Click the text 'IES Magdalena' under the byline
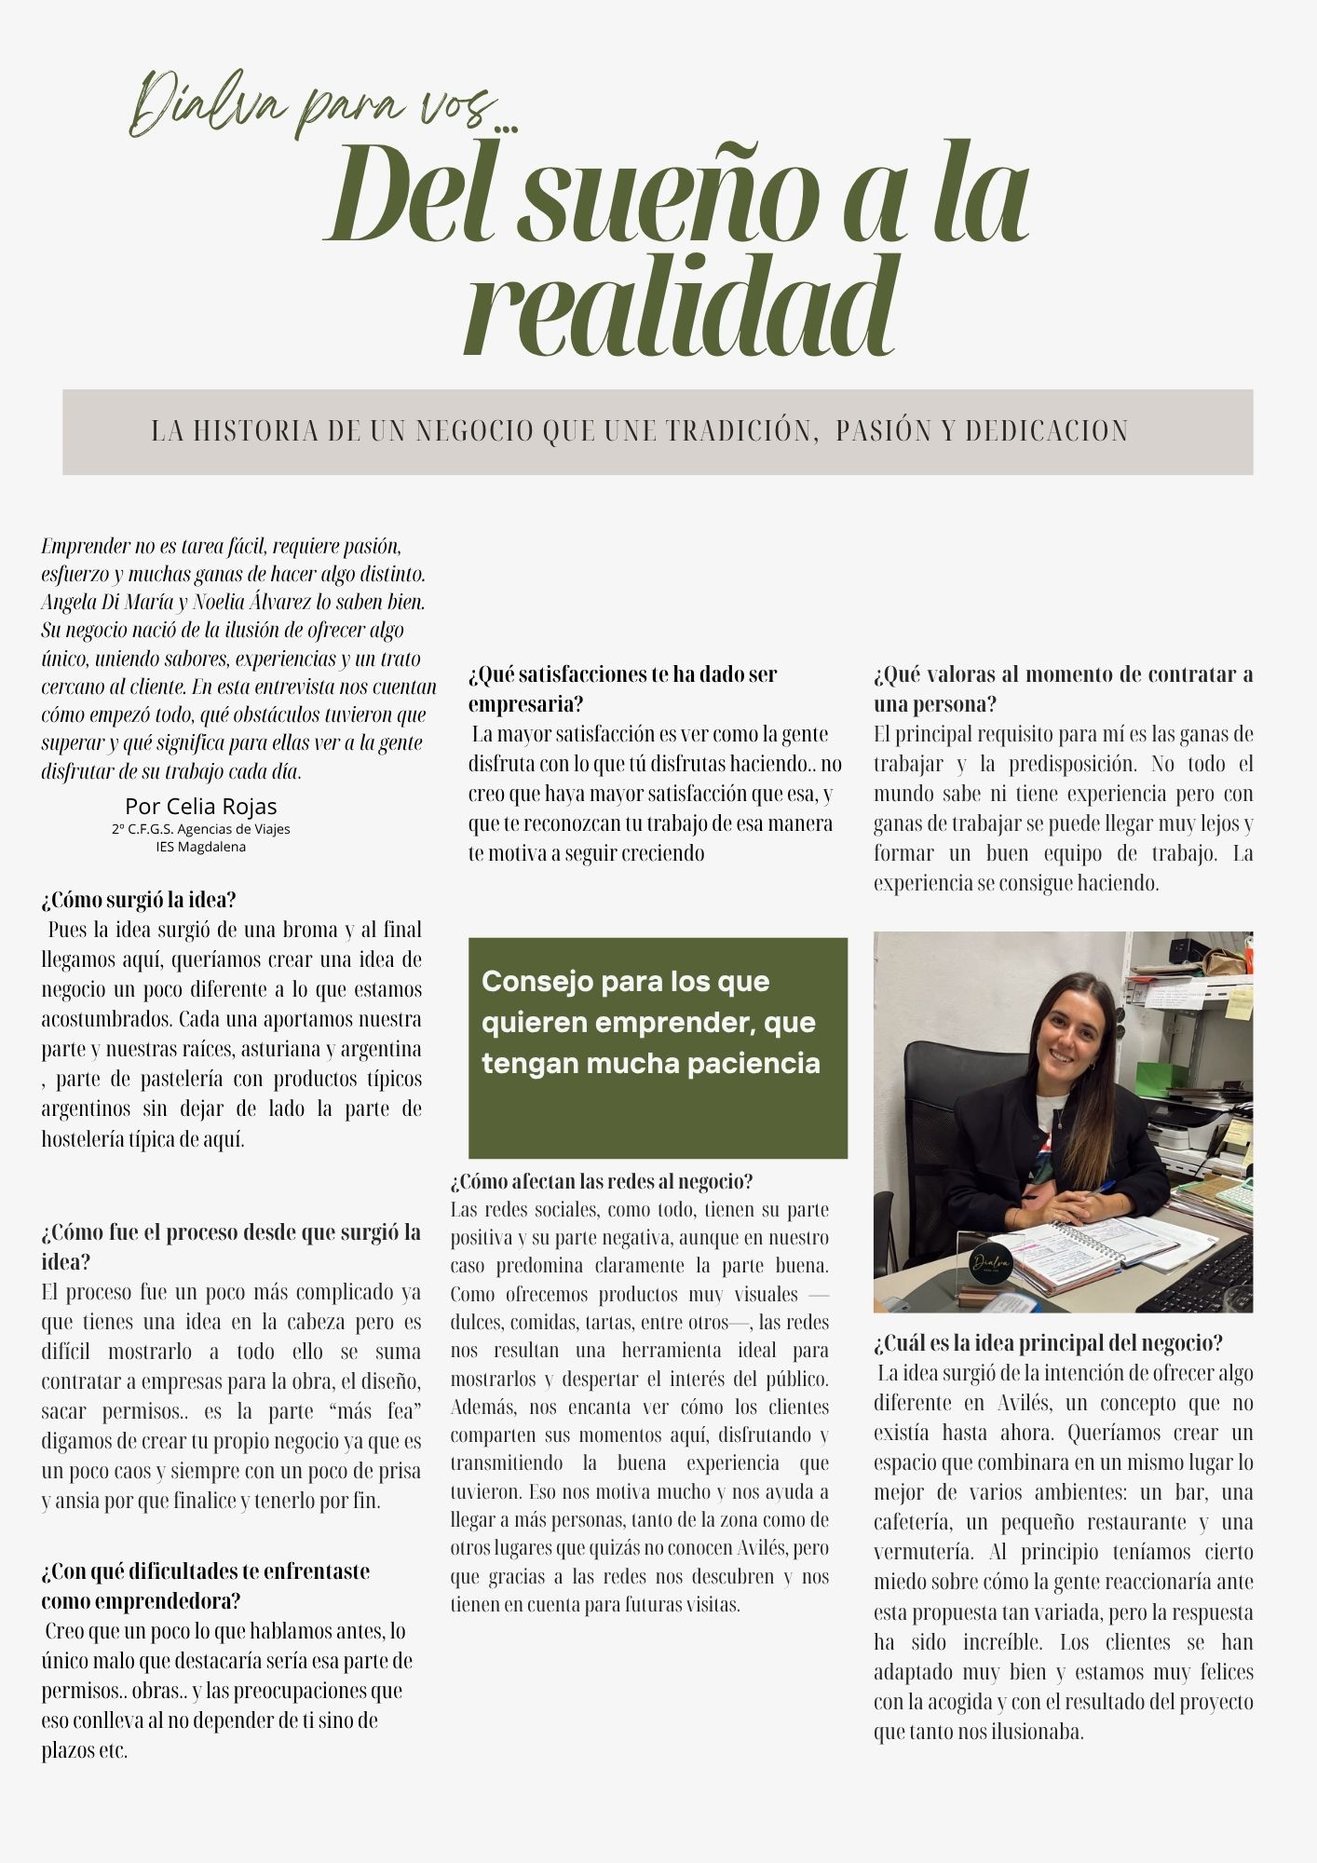coord(201,847)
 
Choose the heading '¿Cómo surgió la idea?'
coord(139,900)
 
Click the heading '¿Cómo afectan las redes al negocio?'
coord(602,1181)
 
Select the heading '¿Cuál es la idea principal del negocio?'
coord(1048,1342)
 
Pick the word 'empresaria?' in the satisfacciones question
coord(525,703)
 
